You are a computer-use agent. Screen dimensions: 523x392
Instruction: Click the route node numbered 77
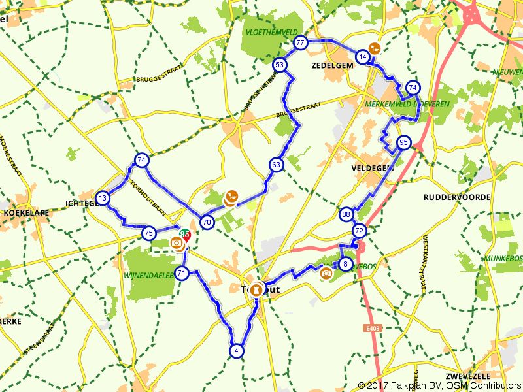click(x=300, y=43)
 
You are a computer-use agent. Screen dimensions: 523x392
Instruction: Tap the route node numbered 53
click(x=279, y=65)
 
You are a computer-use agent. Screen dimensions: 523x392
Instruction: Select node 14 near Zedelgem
click(x=362, y=57)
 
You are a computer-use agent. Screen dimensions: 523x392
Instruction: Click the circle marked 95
click(x=403, y=142)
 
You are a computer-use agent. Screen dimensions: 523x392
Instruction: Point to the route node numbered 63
click(x=275, y=165)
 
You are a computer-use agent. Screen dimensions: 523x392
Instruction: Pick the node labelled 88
click(x=346, y=214)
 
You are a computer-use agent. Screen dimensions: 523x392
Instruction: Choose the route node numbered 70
click(x=207, y=222)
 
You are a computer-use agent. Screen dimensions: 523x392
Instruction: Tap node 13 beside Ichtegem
click(x=102, y=198)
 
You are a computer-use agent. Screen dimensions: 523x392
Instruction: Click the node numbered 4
click(x=236, y=351)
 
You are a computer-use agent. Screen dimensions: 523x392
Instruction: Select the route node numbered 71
click(x=182, y=273)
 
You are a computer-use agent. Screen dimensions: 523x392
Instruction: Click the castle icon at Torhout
click(x=256, y=288)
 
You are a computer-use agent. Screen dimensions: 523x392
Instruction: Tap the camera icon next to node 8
click(x=326, y=272)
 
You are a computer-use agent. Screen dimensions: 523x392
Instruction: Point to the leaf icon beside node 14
click(x=374, y=48)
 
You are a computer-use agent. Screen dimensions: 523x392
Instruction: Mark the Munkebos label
click(x=503, y=259)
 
